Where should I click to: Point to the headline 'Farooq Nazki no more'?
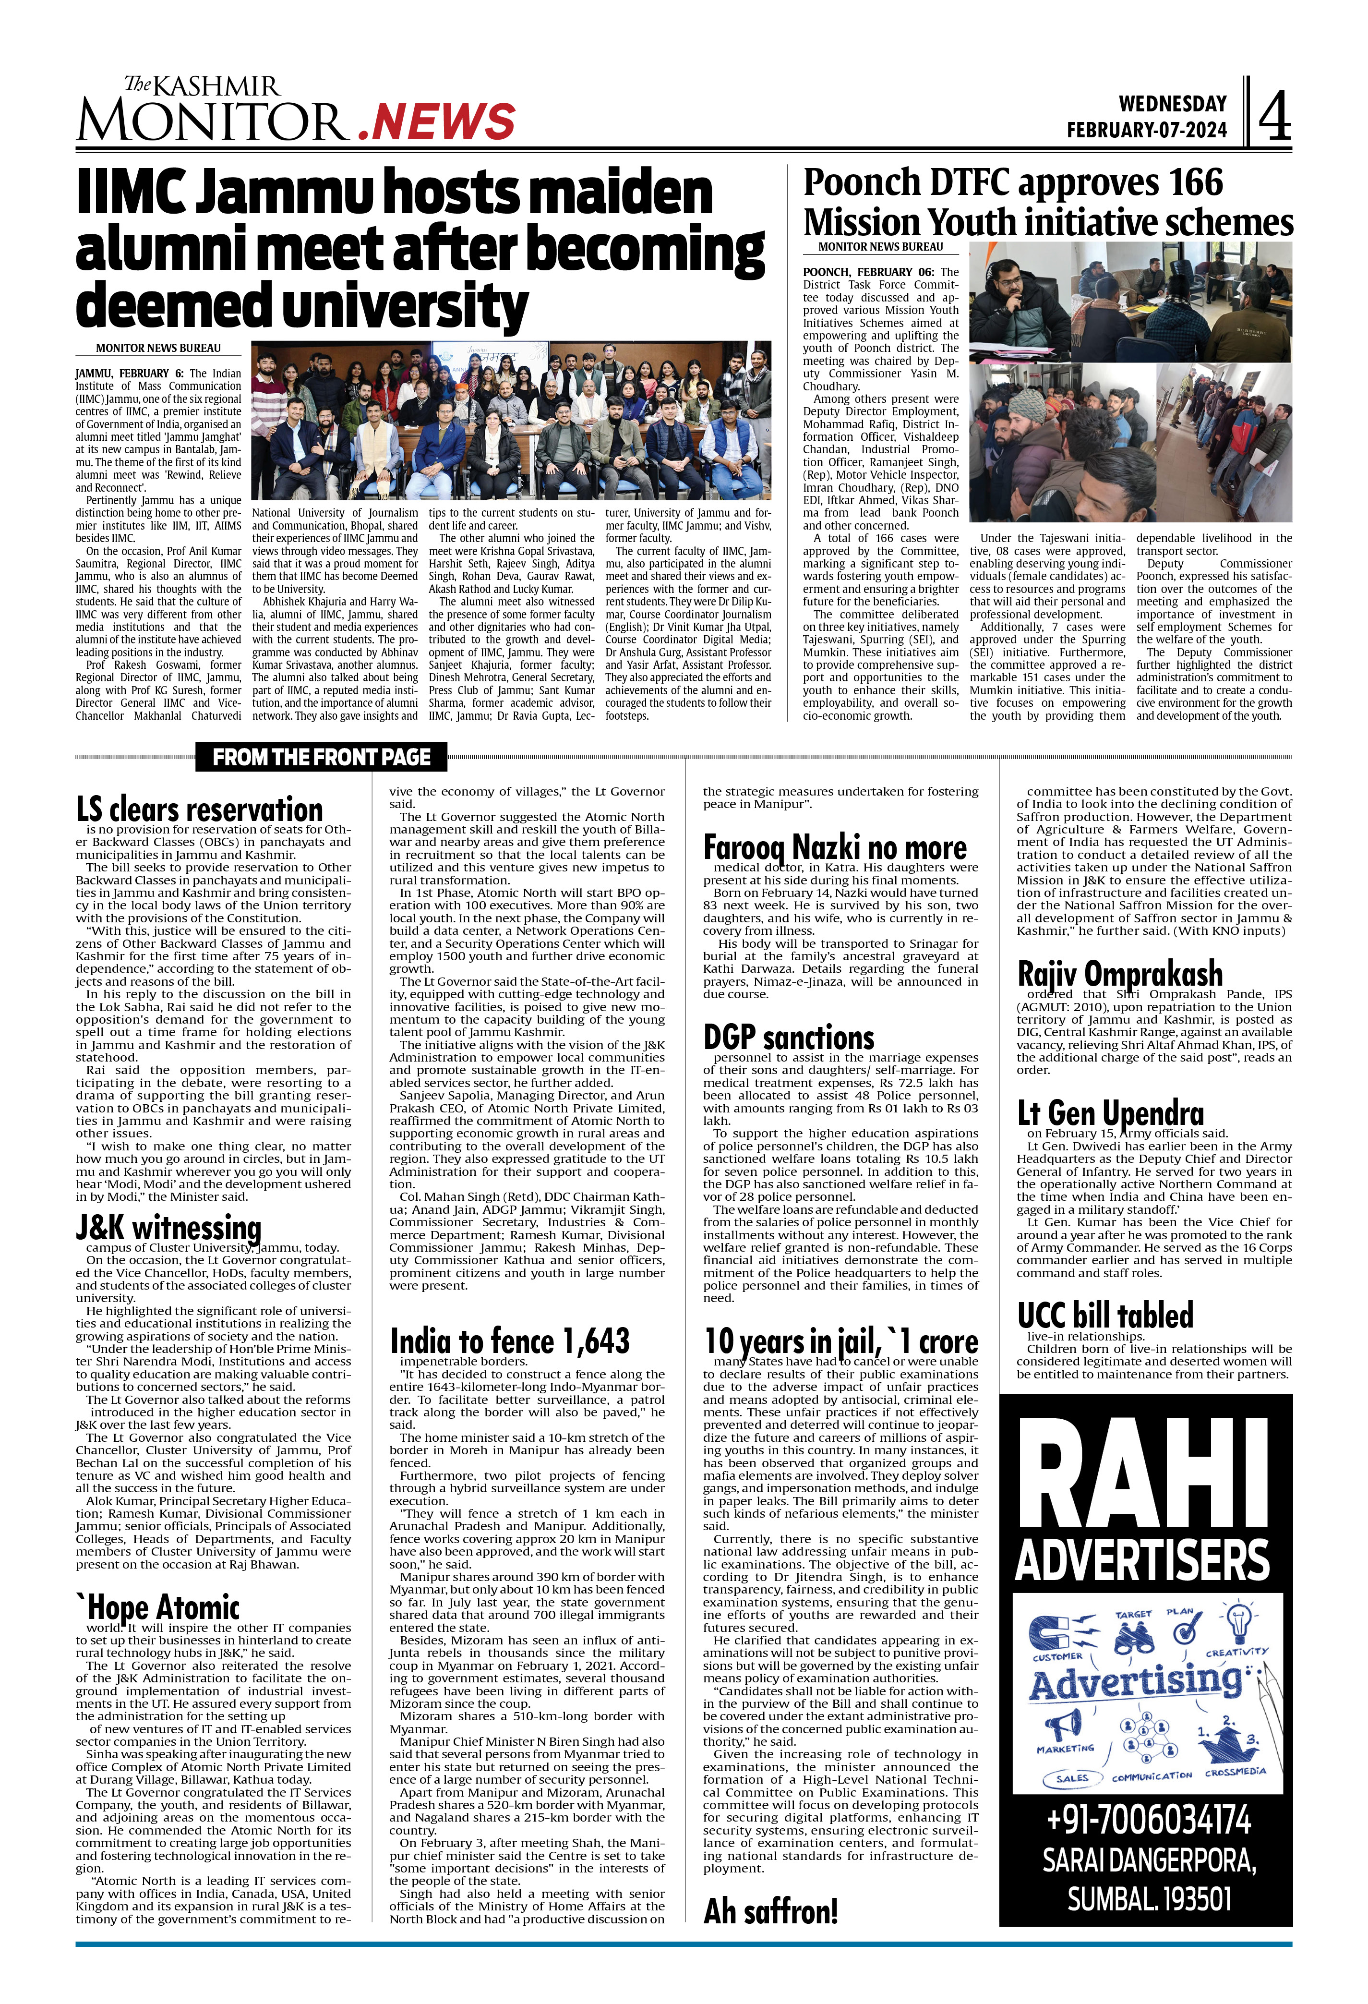[834, 848]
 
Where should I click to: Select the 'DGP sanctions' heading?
[789, 1038]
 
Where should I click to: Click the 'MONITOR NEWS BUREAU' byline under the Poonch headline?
[880, 247]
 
